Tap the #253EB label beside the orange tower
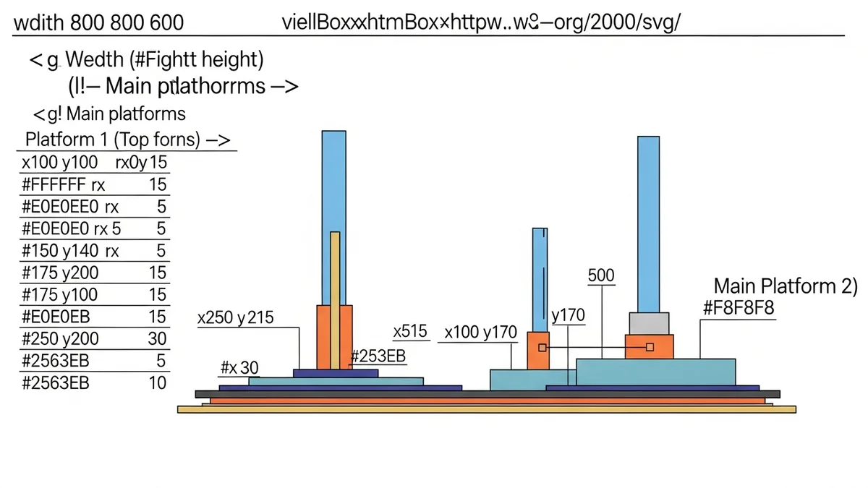point(378,356)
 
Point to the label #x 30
point(239,368)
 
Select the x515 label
point(410,332)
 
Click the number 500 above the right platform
point(601,275)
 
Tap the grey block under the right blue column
point(649,323)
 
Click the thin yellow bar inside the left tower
point(334,300)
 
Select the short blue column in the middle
point(540,279)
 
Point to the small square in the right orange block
point(650,348)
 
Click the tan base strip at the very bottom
point(486,409)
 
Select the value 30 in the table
point(157,338)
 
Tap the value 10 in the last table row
point(157,382)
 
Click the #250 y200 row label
point(61,338)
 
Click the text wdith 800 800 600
point(98,22)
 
